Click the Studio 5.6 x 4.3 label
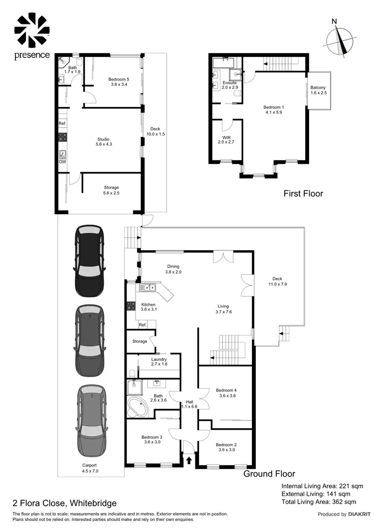[103, 142]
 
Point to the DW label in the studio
[62, 162]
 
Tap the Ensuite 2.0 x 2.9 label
[229, 85]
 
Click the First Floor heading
[303, 193]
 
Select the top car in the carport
[90, 255]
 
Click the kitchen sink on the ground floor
[148, 288]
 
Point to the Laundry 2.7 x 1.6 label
[159, 362]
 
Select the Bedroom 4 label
[227, 393]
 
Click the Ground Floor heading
[269, 474]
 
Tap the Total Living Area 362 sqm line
[319, 502]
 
